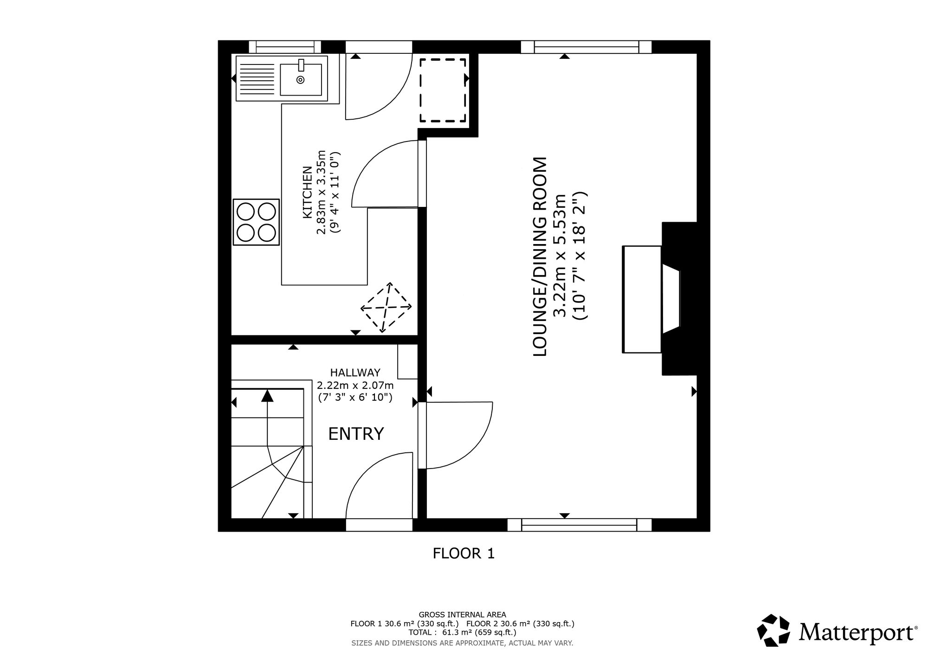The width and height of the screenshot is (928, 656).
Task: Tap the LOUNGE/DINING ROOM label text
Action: click(x=541, y=257)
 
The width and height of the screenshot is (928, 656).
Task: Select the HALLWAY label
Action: click(x=355, y=373)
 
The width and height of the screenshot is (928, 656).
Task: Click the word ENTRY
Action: click(x=356, y=434)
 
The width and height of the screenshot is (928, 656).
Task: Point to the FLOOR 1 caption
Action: click(x=464, y=553)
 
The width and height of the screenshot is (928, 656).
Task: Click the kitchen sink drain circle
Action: click(x=300, y=80)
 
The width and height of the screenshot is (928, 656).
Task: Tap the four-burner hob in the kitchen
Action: click(x=257, y=222)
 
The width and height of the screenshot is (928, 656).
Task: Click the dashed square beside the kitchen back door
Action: click(x=443, y=90)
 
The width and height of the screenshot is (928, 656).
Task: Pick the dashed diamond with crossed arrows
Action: click(x=386, y=308)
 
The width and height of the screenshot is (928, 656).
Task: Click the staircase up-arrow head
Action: click(x=267, y=396)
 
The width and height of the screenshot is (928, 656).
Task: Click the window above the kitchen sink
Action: click(x=285, y=47)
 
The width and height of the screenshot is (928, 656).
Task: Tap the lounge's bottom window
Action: click(x=579, y=525)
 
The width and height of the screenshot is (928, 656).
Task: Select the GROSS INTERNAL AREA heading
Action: click(x=462, y=615)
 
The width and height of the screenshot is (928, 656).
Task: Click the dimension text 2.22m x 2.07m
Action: click(x=355, y=385)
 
